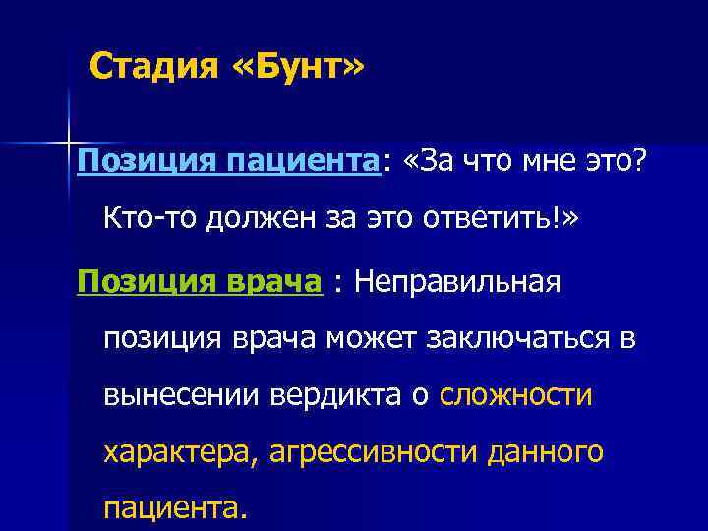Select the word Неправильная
coord(458,283)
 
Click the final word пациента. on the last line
coord(171,508)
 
